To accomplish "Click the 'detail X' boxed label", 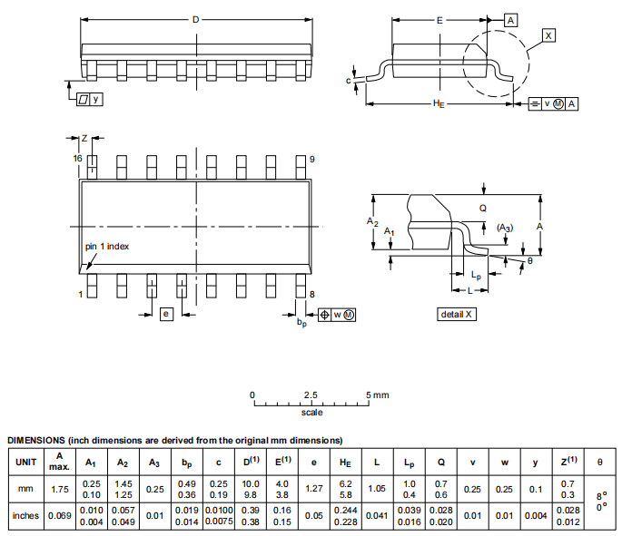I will [x=457, y=314].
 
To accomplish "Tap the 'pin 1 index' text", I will [x=108, y=247].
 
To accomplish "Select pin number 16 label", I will [x=78, y=159].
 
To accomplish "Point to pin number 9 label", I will [x=311, y=159].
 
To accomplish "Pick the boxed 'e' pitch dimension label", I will [x=165, y=314].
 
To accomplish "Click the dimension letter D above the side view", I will [x=195, y=19].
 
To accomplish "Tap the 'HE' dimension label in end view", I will [x=439, y=105].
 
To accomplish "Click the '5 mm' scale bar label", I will [x=377, y=395].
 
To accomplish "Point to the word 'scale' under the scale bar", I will [x=311, y=413].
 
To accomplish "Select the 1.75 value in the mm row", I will [x=59, y=489].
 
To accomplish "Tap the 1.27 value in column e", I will [x=314, y=489].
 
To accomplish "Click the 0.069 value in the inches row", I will [x=59, y=516].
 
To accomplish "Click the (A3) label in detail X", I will [x=504, y=228].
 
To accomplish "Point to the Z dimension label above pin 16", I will [x=84, y=138].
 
